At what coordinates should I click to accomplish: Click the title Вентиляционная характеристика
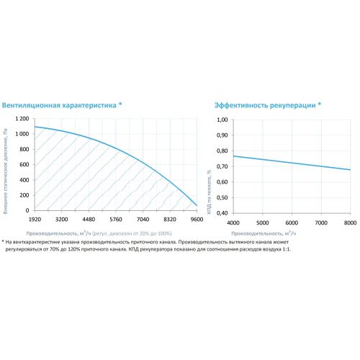click(59, 105)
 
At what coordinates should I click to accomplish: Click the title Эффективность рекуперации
click(265, 106)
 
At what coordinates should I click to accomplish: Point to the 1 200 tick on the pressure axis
click(22, 119)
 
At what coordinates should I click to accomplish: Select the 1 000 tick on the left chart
click(22, 134)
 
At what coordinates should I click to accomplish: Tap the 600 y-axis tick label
click(24, 165)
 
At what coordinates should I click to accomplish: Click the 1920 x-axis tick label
click(35, 220)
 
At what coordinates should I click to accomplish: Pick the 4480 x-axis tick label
click(89, 220)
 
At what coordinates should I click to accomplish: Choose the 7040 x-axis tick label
click(143, 220)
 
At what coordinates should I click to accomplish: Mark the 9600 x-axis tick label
click(197, 220)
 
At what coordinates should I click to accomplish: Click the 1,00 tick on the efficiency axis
click(222, 120)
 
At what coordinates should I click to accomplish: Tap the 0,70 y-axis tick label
click(222, 166)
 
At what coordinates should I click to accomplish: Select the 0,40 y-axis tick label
click(222, 213)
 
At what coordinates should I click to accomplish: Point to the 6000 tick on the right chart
click(292, 222)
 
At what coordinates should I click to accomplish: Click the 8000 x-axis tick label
click(351, 222)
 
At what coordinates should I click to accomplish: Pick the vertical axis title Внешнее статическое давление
click(6, 171)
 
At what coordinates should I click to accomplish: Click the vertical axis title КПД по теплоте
click(210, 192)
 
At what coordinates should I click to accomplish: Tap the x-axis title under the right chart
click(264, 233)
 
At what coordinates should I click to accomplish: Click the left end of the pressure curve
click(35, 127)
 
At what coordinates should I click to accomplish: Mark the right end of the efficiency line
click(351, 170)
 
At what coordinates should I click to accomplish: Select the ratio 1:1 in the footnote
click(287, 249)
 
